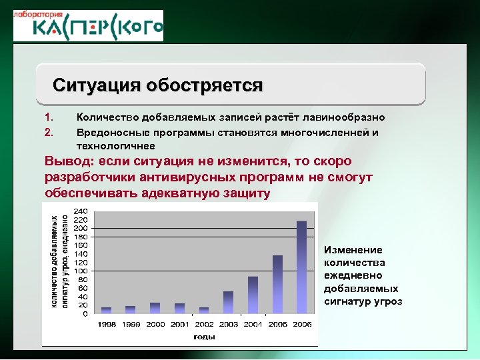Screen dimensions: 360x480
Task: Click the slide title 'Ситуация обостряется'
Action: coord(158,86)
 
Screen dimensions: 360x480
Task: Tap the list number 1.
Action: coord(48,117)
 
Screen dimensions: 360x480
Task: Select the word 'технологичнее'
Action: coord(116,145)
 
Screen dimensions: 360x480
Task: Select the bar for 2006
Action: coord(301,267)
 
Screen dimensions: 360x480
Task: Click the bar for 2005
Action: coord(277,284)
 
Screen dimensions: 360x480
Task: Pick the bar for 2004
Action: coord(253,295)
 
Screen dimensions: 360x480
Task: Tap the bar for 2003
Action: coord(229,302)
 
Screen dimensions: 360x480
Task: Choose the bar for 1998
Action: coord(107,310)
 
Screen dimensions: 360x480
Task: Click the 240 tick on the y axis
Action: coord(81,211)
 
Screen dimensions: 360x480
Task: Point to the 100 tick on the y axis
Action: coord(81,271)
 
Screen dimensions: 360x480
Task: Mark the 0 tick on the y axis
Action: coord(85,313)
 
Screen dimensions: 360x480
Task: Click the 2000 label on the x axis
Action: coord(155,324)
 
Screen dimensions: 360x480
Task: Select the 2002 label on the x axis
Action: coord(204,324)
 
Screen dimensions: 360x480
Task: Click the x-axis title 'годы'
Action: coord(204,337)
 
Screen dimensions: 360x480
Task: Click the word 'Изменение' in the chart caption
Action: coord(353,250)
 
